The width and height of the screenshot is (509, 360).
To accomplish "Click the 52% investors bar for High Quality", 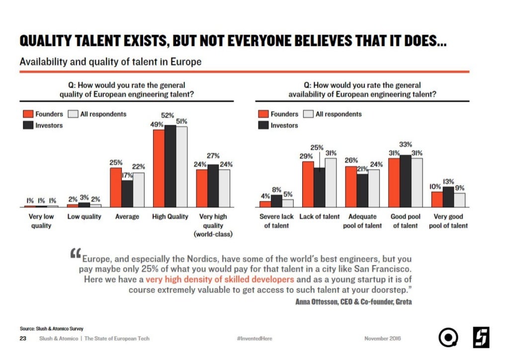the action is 170,166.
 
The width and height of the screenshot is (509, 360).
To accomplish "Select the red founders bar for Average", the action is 116,187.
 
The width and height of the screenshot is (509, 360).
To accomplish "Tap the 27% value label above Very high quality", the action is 213,156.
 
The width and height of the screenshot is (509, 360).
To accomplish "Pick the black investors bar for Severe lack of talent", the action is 276,201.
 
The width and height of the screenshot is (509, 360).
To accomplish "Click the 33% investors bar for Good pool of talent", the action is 406,181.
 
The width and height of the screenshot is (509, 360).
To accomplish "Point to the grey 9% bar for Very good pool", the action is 459,200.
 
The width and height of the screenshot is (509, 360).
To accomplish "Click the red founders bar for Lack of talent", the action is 308,184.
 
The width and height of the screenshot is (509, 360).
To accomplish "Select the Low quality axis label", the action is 85,216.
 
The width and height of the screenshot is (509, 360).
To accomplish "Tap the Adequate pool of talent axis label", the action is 362,221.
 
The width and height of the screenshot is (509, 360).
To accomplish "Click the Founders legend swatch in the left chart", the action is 28,114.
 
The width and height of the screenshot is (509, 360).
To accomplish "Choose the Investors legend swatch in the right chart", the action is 263,125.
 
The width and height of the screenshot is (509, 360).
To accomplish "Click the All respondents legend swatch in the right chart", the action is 308,114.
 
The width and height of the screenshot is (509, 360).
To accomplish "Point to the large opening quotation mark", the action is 76,253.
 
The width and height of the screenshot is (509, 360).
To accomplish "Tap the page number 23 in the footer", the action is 23,339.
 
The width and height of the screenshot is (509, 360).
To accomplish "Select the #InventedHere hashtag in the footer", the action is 254,339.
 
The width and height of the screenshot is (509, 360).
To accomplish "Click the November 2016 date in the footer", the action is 382,339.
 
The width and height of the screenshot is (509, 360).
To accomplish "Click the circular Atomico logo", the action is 448,338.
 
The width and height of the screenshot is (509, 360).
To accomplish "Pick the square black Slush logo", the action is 481,338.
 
